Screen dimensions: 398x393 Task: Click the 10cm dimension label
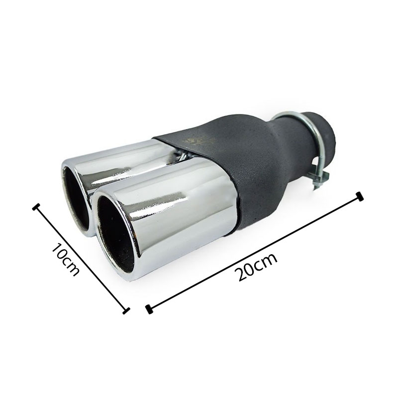coord(65,260)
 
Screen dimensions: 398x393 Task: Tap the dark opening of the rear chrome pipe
coord(76,198)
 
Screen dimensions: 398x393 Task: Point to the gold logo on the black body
coord(200,140)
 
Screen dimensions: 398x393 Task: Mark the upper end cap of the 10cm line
coord(36,207)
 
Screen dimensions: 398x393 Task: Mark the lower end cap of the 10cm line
coord(126,310)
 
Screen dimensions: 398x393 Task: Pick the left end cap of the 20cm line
coord(149,309)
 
